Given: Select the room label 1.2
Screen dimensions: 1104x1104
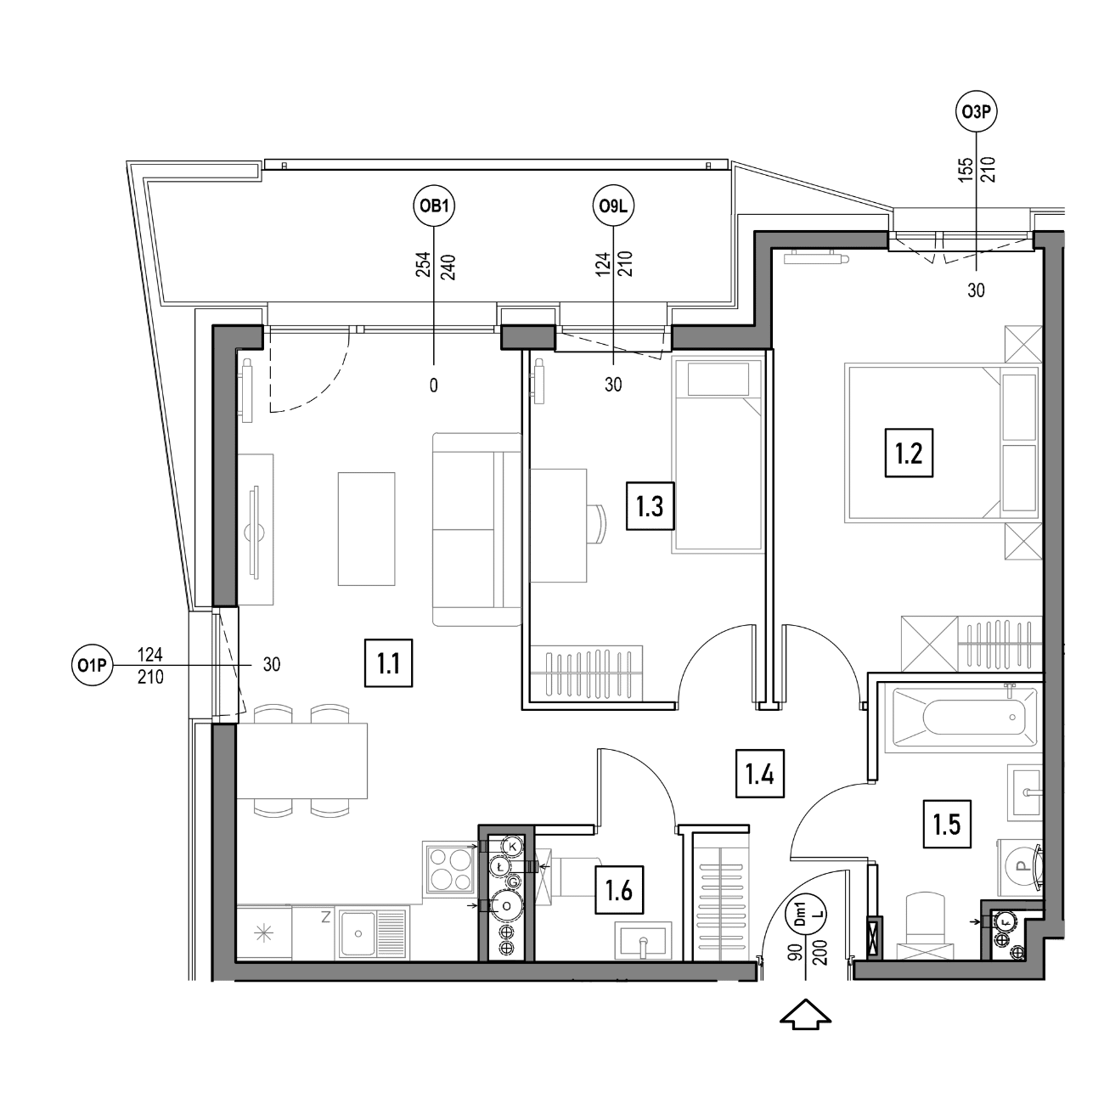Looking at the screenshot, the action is [x=909, y=453].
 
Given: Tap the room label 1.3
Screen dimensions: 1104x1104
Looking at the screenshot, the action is [x=650, y=506].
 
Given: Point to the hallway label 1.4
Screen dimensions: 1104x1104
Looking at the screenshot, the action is [x=760, y=774].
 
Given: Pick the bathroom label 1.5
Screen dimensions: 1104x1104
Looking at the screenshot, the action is [x=946, y=825].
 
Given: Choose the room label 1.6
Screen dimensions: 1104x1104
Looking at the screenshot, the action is [x=619, y=891].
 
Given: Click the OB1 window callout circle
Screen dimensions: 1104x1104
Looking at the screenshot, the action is [x=434, y=206].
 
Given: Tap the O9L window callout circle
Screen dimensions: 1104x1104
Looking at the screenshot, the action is [x=613, y=206].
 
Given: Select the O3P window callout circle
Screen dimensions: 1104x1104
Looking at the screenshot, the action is [x=977, y=112].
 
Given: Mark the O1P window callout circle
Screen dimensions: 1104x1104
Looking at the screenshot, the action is [x=93, y=666].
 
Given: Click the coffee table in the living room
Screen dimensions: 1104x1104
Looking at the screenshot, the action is [x=366, y=529].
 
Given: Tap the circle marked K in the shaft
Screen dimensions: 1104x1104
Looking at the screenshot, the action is [x=512, y=846].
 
